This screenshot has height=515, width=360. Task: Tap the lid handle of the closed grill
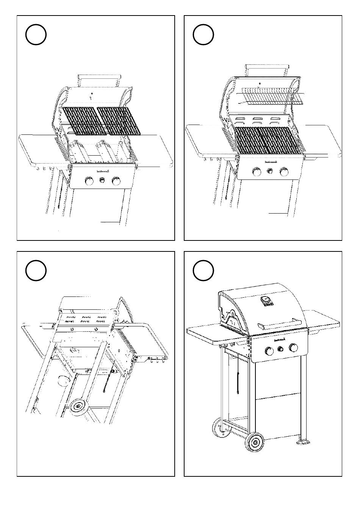point(280,324)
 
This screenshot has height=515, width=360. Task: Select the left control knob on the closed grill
point(268,351)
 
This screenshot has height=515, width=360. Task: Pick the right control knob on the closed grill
point(293,347)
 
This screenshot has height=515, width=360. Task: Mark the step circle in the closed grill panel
point(203,270)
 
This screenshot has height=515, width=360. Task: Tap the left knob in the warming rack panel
point(257,172)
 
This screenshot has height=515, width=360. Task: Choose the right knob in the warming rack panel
point(284,172)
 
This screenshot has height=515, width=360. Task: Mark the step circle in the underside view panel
point(36,270)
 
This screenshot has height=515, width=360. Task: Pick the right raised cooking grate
point(119,121)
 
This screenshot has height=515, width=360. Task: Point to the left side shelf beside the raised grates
point(38,150)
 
